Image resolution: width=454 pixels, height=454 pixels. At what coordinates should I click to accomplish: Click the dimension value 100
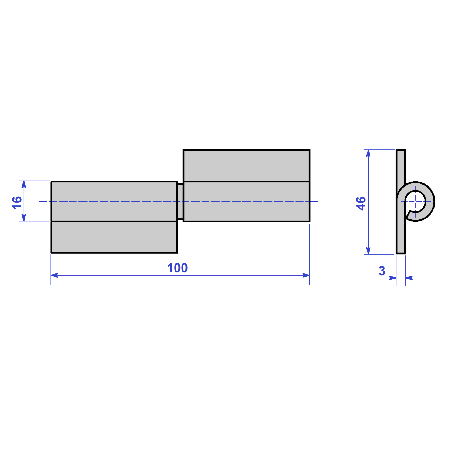(x=177, y=268)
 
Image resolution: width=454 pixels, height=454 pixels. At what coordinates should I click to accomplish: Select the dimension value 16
(x=17, y=203)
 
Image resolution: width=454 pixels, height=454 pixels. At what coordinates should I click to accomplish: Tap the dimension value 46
(x=361, y=203)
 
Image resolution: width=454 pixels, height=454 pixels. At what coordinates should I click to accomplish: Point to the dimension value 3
(x=382, y=271)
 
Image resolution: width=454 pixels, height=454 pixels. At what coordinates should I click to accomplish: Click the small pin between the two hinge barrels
(x=180, y=201)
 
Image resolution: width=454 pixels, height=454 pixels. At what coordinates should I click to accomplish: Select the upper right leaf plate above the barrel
(x=246, y=165)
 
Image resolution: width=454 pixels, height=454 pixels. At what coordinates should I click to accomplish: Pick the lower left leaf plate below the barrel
(x=114, y=237)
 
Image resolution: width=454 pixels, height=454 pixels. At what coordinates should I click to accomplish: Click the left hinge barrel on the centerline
(x=114, y=201)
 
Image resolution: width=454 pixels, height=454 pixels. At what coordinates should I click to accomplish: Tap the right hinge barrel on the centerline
(x=246, y=201)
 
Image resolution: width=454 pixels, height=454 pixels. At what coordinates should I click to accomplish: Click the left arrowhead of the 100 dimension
(x=54, y=275)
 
